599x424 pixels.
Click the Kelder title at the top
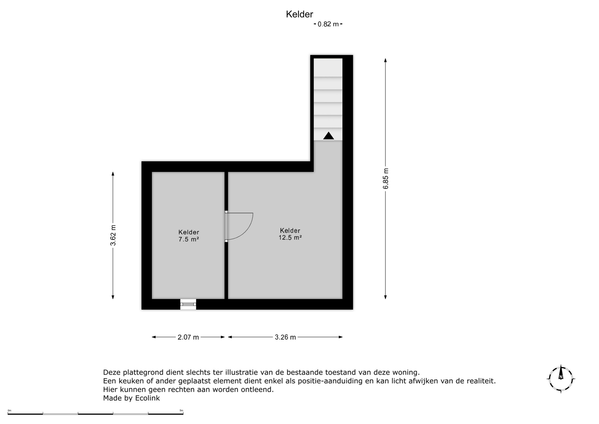pyautogui.click(x=299, y=14)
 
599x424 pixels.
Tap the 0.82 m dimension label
pyautogui.click(x=328, y=24)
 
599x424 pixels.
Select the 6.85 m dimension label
pyautogui.click(x=386, y=179)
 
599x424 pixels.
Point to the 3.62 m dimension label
pyautogui.click(x=113, y=235)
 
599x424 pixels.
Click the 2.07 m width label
pyautogui.click(x=188, y=337)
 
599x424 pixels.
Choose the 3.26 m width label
pyautogui.click(x=285, y=337)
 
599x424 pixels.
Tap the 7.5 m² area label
pyautogui.click(x=189, y=239)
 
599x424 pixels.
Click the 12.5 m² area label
pyautogui.click(x=290, y=238)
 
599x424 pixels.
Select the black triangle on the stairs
pyautogui.click(x=329, y=136)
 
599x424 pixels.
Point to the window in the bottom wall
pyautogui.click(x=188, y=304)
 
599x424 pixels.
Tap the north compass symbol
pyautogui.click(x=561, y=379)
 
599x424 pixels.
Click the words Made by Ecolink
pyautogui.click(x=131, y=398)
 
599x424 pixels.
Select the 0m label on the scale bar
pyautogui.click(x=9, y=411)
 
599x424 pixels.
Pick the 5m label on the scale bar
pyautogui.click(x=181, y=411)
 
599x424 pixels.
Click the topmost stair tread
pyautogui.click(x=328, y=67)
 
